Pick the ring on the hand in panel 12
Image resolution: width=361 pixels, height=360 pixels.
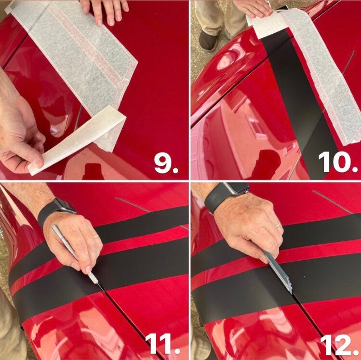(x=278, y=224)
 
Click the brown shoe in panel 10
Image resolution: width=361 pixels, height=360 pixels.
(x=208, y=41)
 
